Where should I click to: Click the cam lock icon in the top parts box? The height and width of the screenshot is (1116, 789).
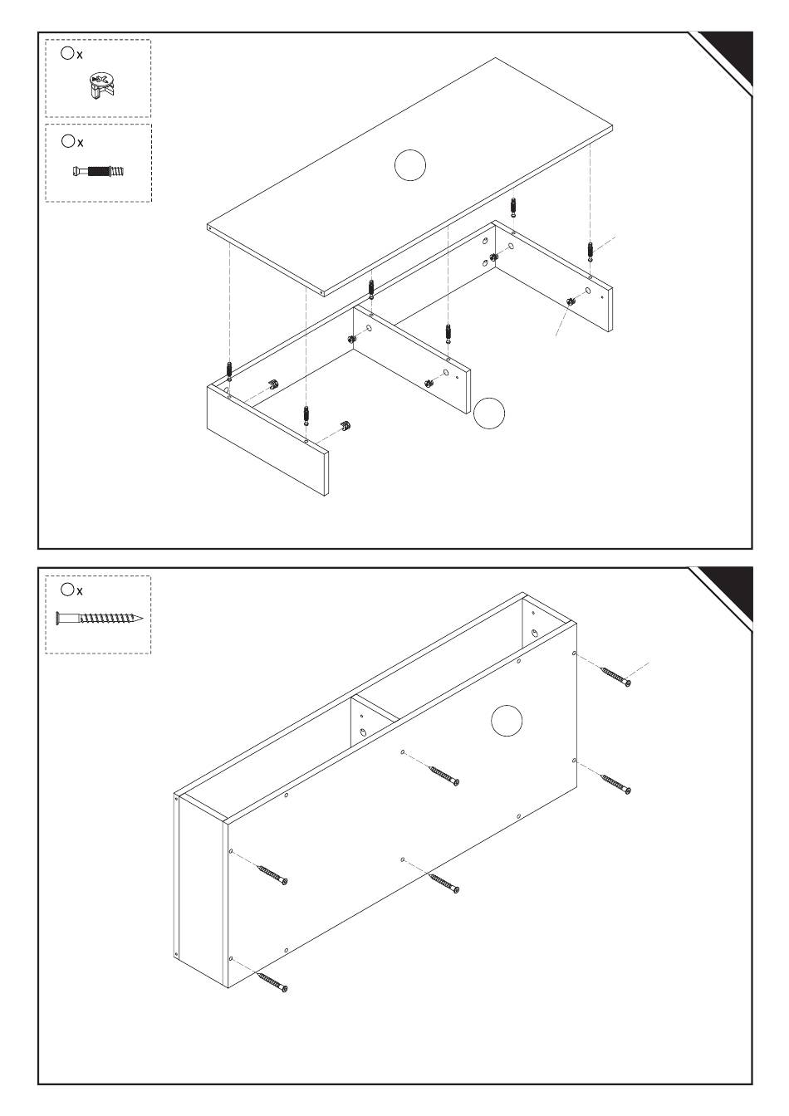pyautogui.click(x=100, y=86)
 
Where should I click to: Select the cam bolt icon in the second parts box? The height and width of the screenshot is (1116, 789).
pyautogui.click(x=98, y=172)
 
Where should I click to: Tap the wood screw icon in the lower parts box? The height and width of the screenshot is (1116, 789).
pyautogui.click(x=99, y=619)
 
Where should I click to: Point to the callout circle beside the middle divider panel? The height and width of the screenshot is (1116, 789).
pyautogui.click(x=489, y=414)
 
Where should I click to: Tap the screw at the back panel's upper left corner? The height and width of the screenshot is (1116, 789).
pyautogui.click(x=272, y=874)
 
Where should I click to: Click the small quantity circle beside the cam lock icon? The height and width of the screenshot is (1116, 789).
pyautogui.click(x=67, y=53)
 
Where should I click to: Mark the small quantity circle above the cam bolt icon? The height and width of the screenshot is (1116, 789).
pyautogui.click(x=67, y=141)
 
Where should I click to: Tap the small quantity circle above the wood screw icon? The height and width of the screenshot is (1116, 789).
pyautogui.click(x=67, y=589)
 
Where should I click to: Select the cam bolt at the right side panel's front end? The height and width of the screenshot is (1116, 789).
pyautogui.click(x=589, y=249)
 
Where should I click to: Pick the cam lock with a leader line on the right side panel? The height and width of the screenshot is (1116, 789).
pyautogui.click(x=571, y=301)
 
